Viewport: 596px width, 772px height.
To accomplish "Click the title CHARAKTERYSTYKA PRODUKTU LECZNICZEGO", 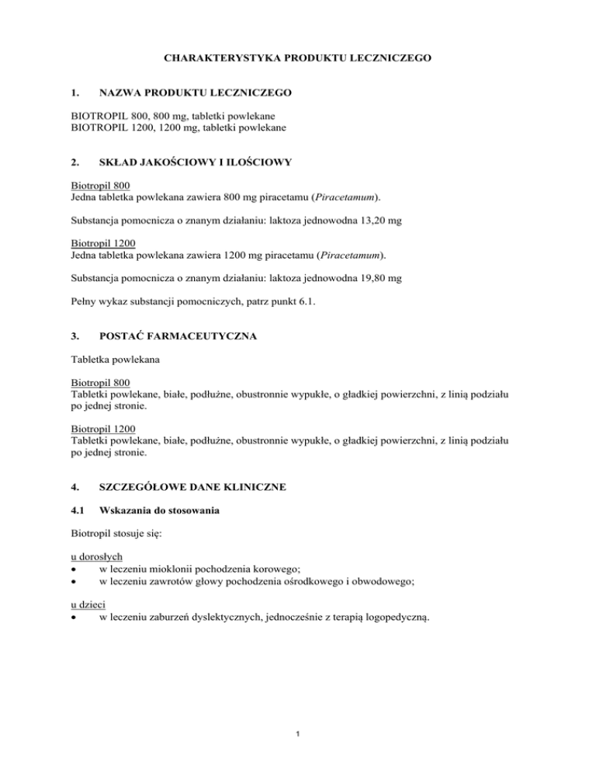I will (297, 57).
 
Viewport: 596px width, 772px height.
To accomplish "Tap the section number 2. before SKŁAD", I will (75, 163).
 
